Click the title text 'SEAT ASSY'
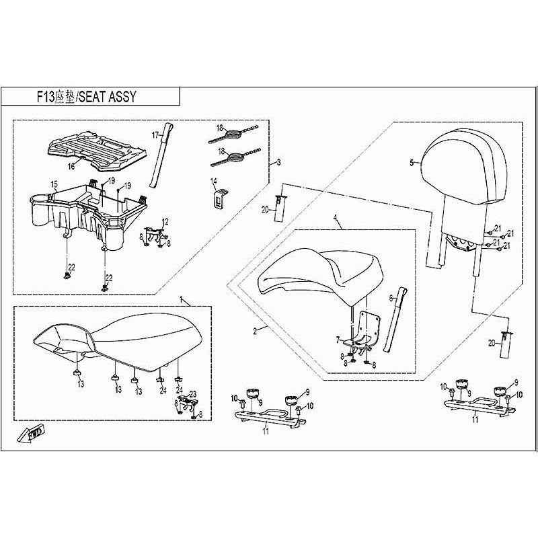click(108, 96)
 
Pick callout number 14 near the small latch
click(213, 181)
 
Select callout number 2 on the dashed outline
click(255, 331)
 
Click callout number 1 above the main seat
click(180, 297)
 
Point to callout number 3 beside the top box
click(278, 163)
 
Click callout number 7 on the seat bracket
click(338, 340)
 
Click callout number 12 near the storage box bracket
click(165, 221)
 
